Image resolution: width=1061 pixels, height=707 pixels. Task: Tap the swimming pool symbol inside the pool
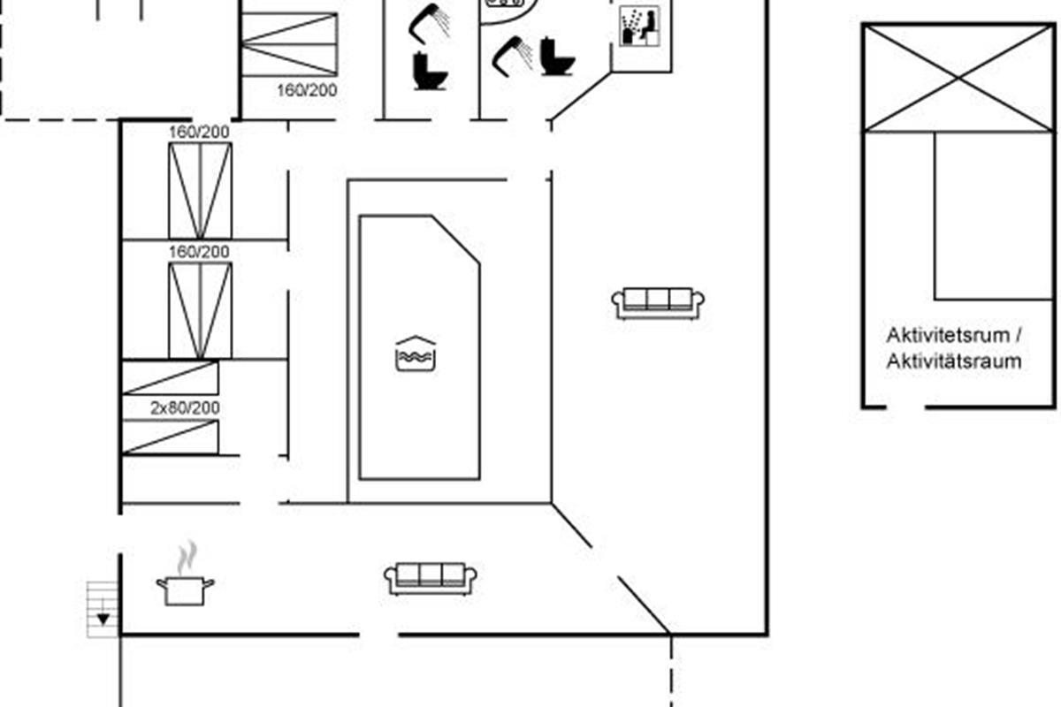click(x=416, y=355)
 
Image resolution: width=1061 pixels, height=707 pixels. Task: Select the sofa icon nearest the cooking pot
click(x=431, y=579)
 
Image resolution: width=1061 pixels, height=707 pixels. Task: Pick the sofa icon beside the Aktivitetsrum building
click(x=658, y=302)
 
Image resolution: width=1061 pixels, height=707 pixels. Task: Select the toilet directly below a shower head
click(x=430, y=71)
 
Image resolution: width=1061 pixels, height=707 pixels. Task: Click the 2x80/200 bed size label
click(x=184, y=408)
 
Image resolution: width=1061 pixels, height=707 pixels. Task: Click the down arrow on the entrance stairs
click(x=104, y=618)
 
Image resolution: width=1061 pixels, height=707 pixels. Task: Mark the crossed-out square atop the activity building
click(x=958, y=79)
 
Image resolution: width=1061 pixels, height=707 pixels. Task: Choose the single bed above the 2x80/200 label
click(x=170, y=377)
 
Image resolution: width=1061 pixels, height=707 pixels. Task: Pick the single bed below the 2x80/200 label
click(x=170, y=437)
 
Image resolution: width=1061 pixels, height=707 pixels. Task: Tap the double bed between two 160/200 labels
click(x=200, y=190)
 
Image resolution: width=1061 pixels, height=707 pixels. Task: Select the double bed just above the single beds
click(x=200, y=310)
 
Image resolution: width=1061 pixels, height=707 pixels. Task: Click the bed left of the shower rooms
click(x=289, y=43)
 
